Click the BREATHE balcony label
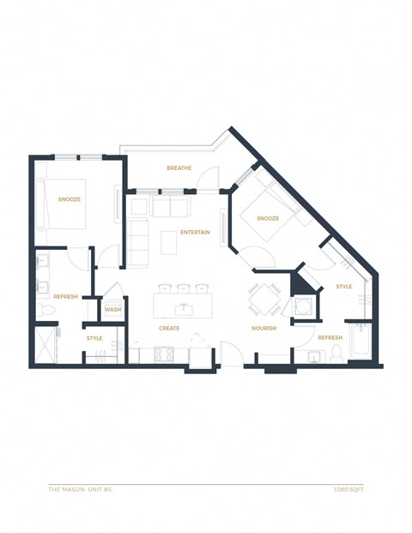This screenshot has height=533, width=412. tap(179, 168)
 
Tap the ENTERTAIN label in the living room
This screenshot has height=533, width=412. tap(196, 233)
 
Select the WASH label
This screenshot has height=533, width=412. tap(112, 310)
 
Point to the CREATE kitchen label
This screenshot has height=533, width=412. tap(169, 329)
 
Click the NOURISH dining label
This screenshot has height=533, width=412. tap(264, 329)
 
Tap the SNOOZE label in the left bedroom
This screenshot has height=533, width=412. tap(70, 199)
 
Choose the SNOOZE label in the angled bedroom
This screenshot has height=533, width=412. tap(267, 218)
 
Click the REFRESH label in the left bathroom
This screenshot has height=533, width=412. tap(66, 296)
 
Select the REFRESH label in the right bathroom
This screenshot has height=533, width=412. tap(330, 337)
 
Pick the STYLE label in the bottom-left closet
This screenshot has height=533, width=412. tap(94, 338)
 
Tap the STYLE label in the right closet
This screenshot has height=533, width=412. tap(343, 287)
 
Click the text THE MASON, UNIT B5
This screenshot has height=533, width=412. tap(81, 490)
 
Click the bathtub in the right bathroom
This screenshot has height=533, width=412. tap(360, 346)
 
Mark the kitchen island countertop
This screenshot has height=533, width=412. tap(182, 306)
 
